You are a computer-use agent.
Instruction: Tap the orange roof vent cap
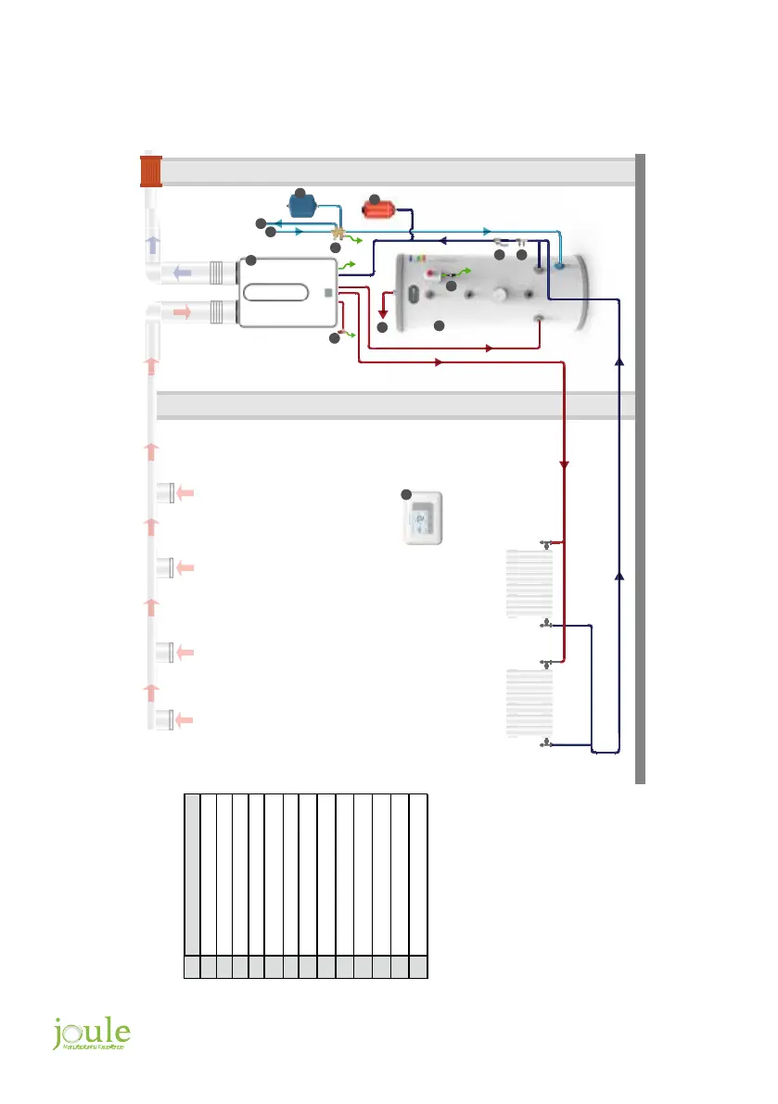pos(151,171)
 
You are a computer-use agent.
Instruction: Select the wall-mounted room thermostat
pos(422,518)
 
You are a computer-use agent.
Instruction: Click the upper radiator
pos(529,583)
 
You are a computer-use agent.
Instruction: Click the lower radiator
pos(529,704)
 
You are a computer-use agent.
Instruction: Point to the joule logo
pos(91,1034)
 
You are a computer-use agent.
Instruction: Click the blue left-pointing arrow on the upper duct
pos(182,273)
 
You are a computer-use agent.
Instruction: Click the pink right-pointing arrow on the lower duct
pos(182,313)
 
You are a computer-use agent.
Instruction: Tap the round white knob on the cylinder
pos(502,298)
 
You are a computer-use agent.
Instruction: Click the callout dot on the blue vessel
pos(300,193)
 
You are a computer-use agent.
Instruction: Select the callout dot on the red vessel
pos(375,199)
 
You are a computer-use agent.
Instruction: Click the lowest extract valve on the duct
pos(167,718)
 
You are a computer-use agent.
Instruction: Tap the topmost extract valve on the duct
pos(167,493)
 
